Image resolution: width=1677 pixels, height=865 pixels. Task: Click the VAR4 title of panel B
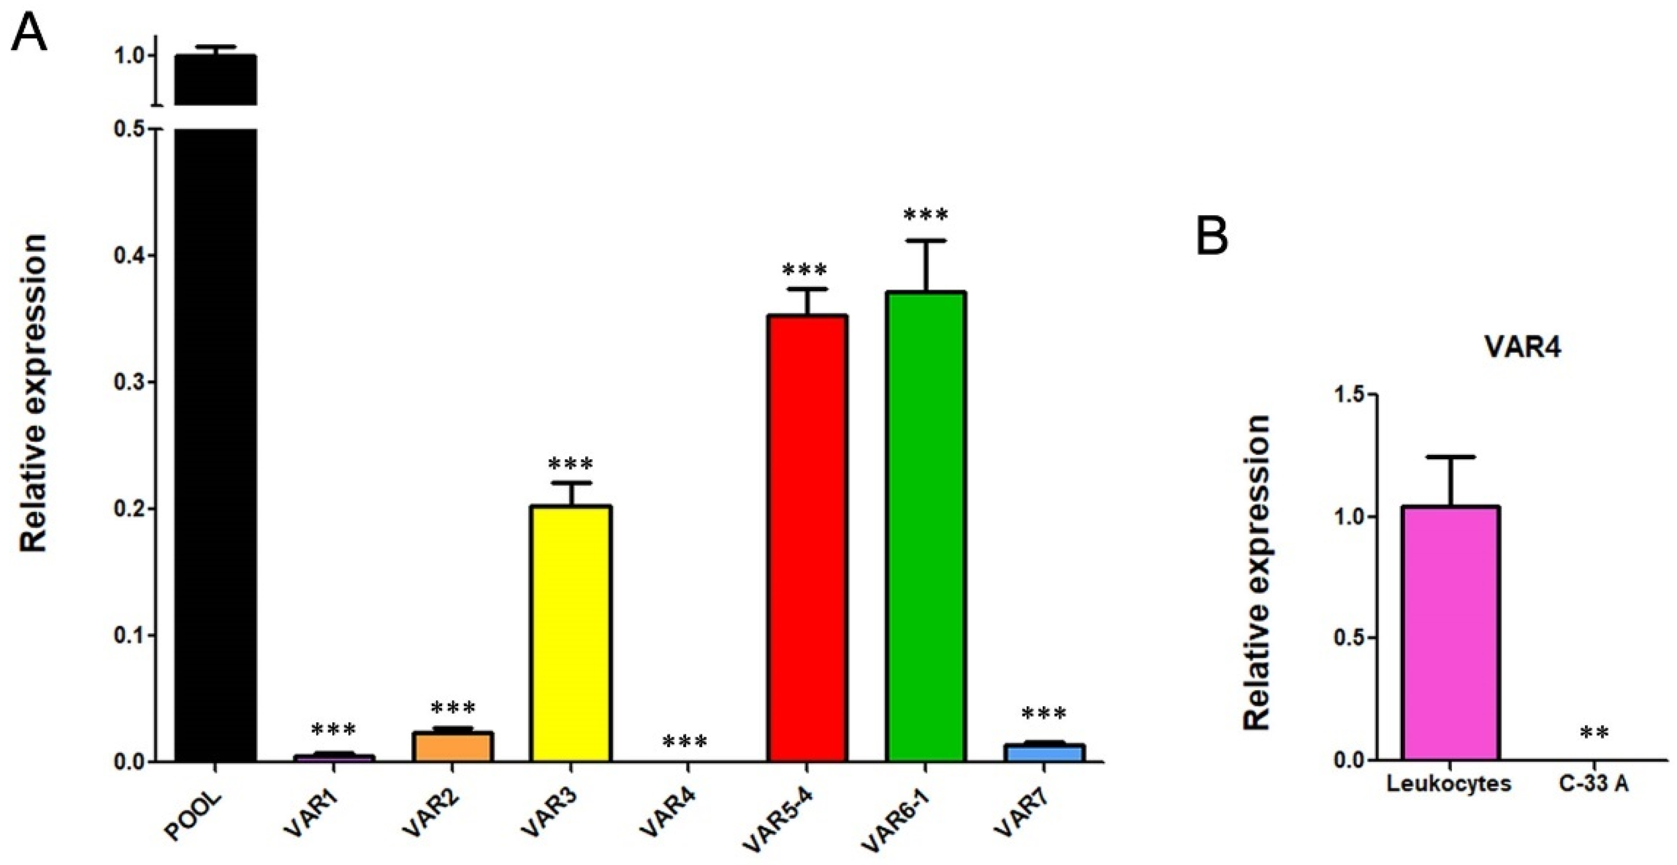(x=1522, y=348)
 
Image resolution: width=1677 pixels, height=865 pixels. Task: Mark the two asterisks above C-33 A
(x=1594, y=734)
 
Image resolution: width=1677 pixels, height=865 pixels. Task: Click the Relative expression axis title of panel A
(x=34, y=394)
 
